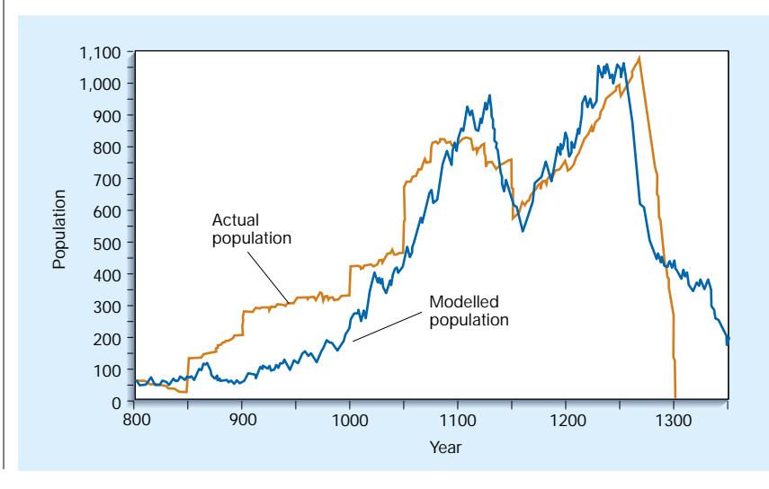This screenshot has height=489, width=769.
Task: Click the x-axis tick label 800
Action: (x=134, y=419)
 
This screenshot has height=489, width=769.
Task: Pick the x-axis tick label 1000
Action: (x=350, y=419)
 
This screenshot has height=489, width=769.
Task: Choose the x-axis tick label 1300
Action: (x=674, y=419)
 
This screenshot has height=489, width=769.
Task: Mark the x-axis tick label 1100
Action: (x=458, y=419)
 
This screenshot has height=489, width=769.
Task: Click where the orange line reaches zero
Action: (x=675, y=396)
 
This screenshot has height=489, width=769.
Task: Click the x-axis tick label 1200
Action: (x=566, y=419)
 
